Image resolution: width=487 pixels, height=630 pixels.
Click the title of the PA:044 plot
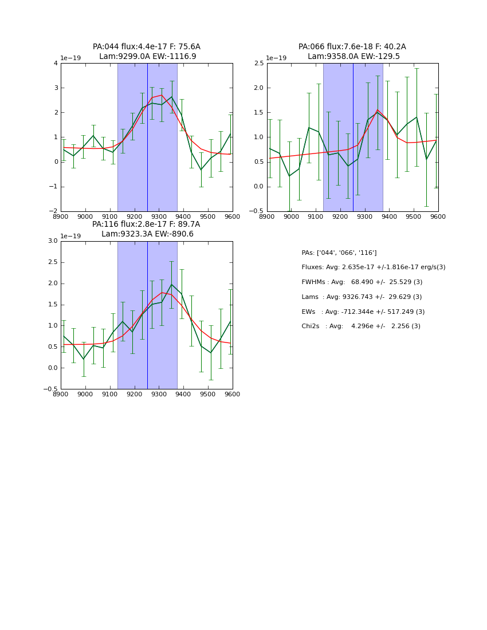(x=147, y=47)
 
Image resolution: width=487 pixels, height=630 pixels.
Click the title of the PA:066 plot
(x=352, y=47)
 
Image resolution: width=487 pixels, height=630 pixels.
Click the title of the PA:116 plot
(x=146, y=225)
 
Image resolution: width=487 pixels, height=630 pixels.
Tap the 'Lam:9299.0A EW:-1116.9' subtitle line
(x=147, y=57)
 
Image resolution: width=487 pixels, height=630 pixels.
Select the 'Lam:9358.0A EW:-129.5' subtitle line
(x=354, y=57)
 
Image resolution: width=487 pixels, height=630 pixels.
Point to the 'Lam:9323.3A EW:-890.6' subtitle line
(x=147, y=234)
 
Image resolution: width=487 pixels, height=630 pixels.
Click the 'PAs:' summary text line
(x=339, y=253)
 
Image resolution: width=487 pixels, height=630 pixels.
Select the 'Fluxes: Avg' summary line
(x=373, y=267)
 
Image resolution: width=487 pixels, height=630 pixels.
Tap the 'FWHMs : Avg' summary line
(x=362, y=282)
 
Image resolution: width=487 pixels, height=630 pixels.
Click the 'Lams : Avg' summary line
(x=362, y=297)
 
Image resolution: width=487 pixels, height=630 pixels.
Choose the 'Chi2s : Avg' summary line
(x=360, y=326)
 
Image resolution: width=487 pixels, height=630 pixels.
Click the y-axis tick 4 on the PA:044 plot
(x=56, y=64)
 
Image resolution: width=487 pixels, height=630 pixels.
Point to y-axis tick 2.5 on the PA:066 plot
(x=258, y=64)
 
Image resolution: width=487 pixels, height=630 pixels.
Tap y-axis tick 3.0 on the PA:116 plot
(x=52, y=241)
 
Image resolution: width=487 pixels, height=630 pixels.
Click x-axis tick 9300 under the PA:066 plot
(x=364, y=216)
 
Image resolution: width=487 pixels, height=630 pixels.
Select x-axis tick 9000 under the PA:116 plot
(x=85, y=394)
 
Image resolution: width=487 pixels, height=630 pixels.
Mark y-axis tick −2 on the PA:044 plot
(x=54, y=211)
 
